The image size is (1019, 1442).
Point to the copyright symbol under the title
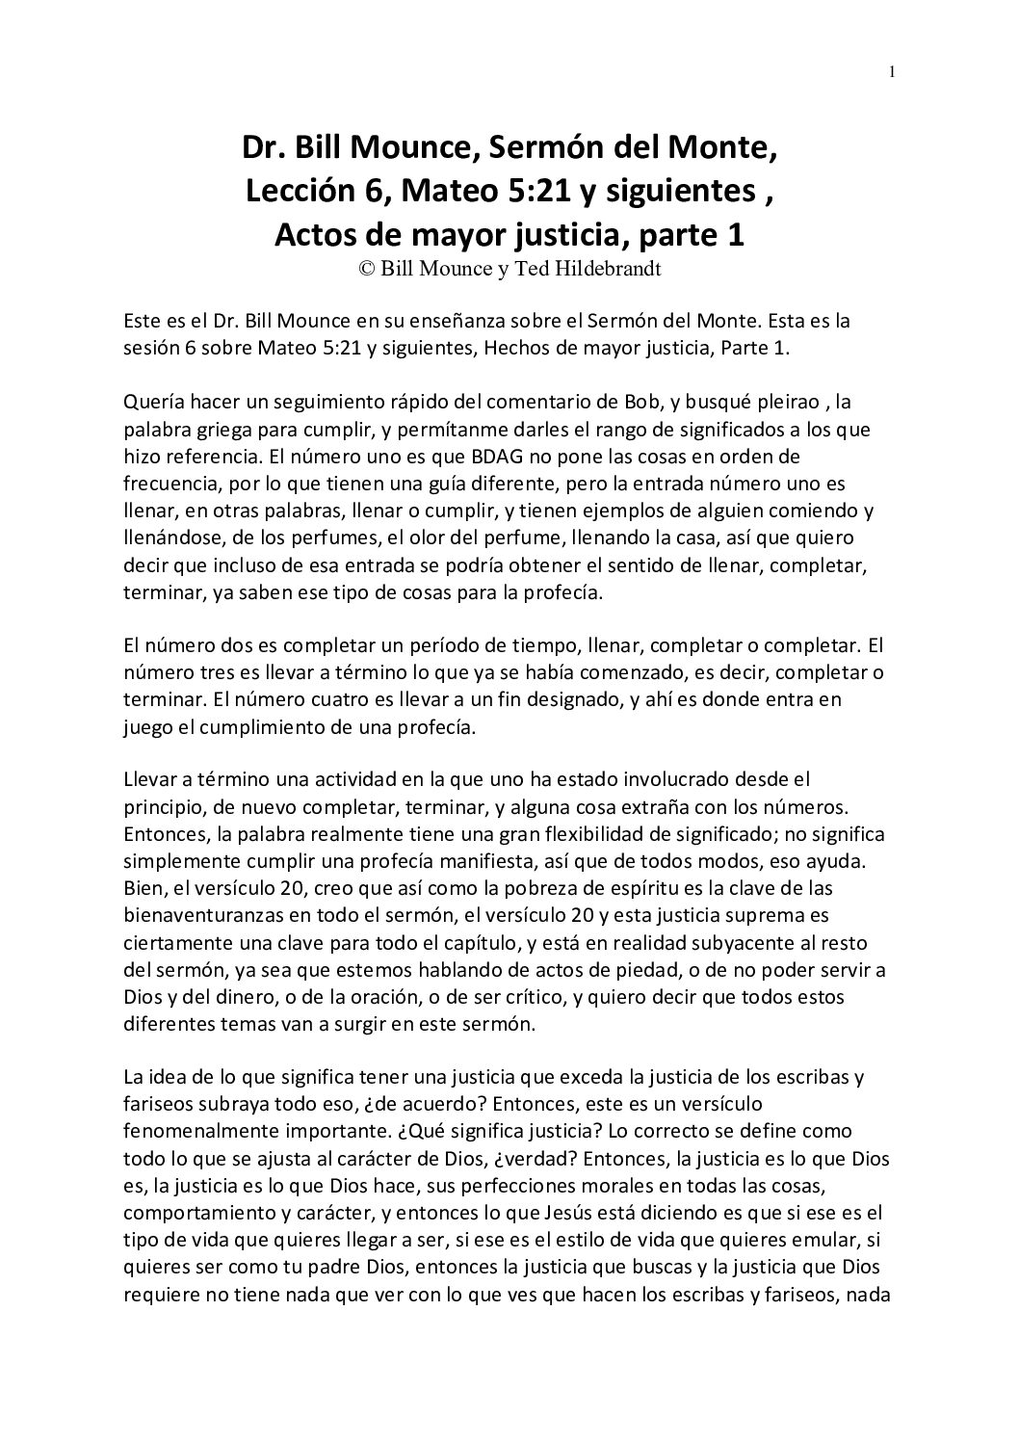click(367, 270)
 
